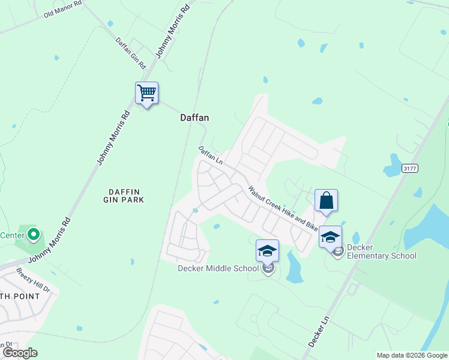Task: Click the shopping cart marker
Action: [x=146, y=94]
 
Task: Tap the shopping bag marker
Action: [x=326, y=200]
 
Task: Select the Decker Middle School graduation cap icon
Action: [x=267, y=250]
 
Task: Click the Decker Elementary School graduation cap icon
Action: [x=330, y=236]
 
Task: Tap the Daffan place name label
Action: [x=194, y=118]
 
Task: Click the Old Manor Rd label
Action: [x=62, y=12]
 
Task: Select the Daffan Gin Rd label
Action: [x=131, y=53]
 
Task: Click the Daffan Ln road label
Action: [x=211, y=155]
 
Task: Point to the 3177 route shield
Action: [x=409, y=169]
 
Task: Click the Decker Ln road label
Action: [x=319, y=328]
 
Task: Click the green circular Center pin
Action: [x=34, y=234]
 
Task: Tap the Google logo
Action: [x=19, y=352]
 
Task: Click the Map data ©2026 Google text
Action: [x=411, y=355]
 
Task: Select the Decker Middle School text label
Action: [x=218, y=268]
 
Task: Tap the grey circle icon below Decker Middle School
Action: [x=268, y=268]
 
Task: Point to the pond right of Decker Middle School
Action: [x=294, y=269]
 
